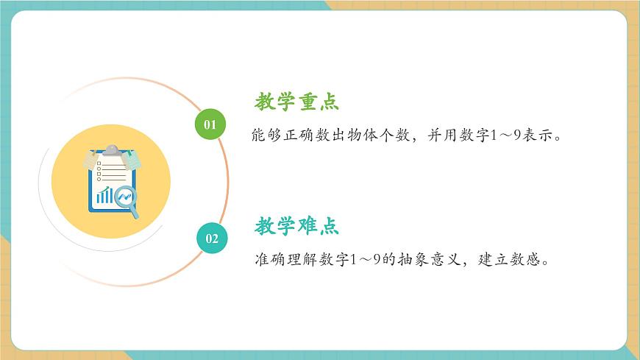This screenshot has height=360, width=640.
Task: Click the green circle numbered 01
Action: (210, 124)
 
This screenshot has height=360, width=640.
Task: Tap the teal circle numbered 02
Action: (211, 238)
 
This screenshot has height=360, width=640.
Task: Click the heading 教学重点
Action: (296, 102)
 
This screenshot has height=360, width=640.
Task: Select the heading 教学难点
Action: (296, 226)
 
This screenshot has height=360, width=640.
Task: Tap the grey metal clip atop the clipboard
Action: (111, 150)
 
